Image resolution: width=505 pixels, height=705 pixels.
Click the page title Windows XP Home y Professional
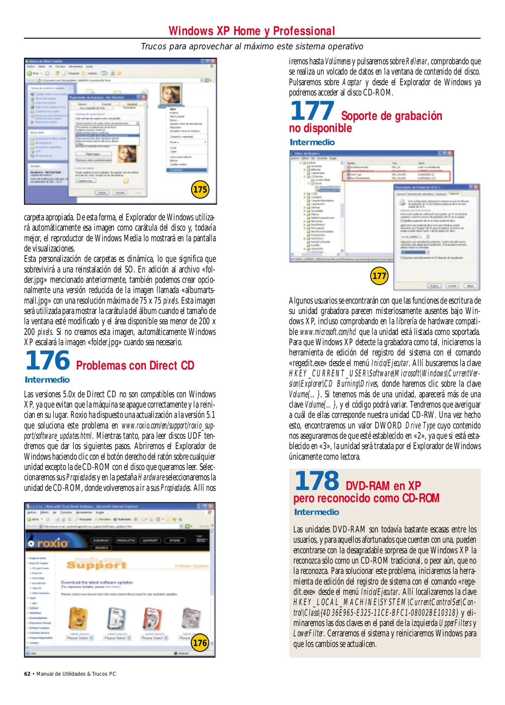click(x=252, y=31)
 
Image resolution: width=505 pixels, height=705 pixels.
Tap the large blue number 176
click(x=48, y=361)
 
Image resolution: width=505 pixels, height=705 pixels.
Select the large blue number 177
click(x=312, y=111)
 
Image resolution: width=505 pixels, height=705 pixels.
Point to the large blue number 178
click(x=317, y=481)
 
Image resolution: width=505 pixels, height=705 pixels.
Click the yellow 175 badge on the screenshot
click(x=200, y=189)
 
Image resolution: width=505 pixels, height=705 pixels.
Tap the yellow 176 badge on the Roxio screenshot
click(x=200, y=643)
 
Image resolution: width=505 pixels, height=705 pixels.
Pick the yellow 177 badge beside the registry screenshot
click(x=379, y=276)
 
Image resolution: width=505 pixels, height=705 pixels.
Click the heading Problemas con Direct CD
click(x=135, y=366)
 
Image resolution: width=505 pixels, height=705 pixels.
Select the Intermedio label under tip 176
click(x=47, y=380)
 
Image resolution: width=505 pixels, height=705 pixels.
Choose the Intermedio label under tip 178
click(x=316, y=512)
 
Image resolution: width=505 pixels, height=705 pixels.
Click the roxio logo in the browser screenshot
click(x=49, y=543)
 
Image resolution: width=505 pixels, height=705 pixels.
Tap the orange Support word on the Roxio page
click(x=96, y=565)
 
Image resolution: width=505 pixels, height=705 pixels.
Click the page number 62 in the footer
click(x=27, y=674)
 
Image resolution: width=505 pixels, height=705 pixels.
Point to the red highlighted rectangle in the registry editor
click(x=396, y=176)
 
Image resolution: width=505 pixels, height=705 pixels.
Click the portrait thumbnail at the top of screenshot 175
click(x=171, y=94)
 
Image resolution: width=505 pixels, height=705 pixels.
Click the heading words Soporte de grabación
click(x=391, y=116)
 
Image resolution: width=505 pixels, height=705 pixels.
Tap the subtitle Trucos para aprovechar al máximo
click(x=252, y=47)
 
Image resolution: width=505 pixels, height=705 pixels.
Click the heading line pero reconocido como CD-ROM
click(x=366, y=498)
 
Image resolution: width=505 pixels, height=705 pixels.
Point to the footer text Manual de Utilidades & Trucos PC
click(x=76, y=674)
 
